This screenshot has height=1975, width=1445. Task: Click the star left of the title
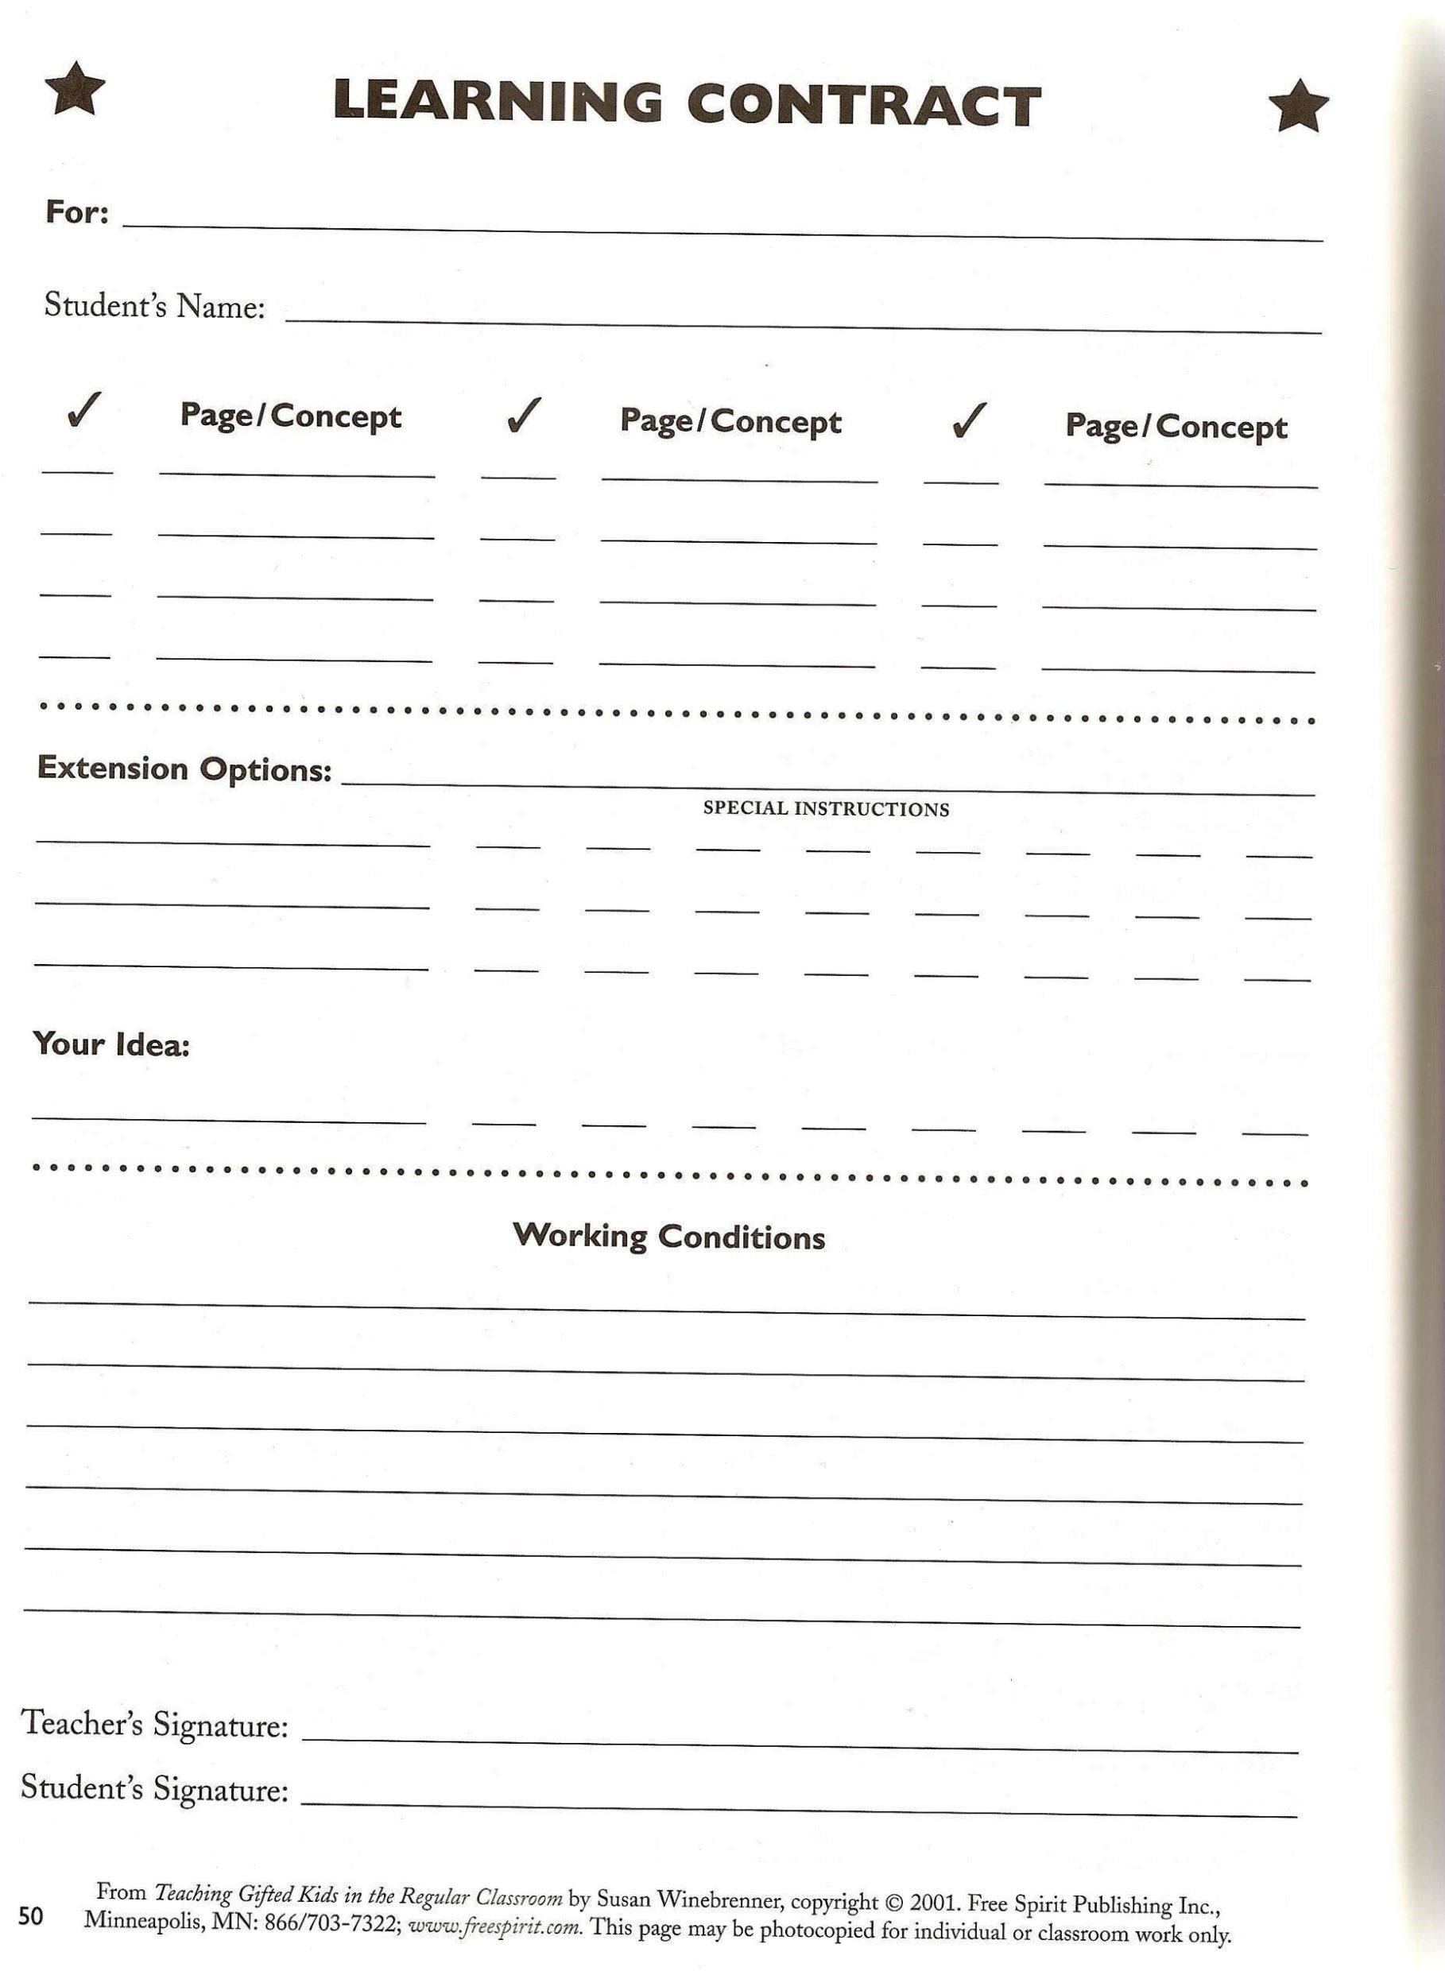[76, 88]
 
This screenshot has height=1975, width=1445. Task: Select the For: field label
[77, 211]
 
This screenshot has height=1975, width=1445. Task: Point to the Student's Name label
[155, 305]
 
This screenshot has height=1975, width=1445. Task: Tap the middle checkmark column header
[523, 416]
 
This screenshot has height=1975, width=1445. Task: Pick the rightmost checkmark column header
[969, 420]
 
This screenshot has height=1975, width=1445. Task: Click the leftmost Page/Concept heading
[290, 416]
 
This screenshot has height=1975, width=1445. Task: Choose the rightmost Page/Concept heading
[1176, 426]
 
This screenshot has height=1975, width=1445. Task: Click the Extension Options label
[184, 769]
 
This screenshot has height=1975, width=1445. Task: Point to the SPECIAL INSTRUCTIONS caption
[826, 808]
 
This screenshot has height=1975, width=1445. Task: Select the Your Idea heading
[111, 1044]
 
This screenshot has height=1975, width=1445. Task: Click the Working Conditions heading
[669, 1236]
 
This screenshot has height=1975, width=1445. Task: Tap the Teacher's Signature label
[155, 1723]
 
